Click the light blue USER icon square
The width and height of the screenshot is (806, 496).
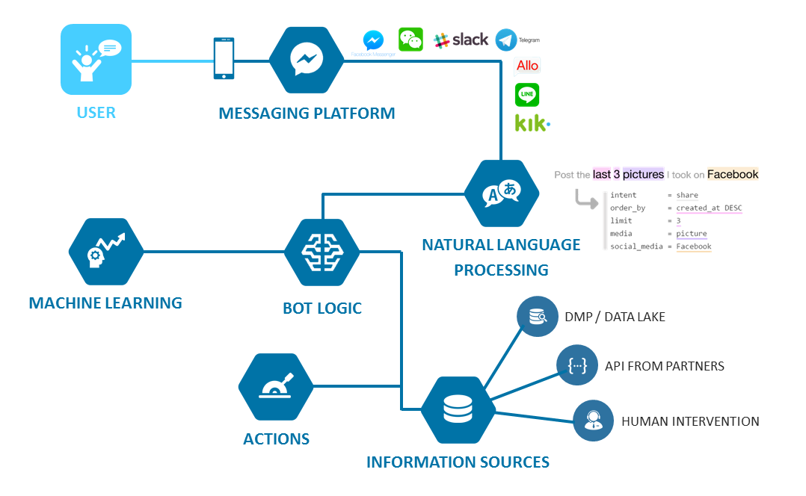pyautogui.click(x=96, y=60)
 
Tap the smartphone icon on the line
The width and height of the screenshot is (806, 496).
pyautogui.click(x=224, y=58)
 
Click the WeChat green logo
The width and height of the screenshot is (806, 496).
pyautogui.click(x=410, y=40)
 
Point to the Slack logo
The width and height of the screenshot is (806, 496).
pyautogui.click(x=461, y=40)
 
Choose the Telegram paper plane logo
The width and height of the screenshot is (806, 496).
pyautogui.click(x=506, y=40)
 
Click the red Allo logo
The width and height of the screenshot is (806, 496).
pyautogui.click(x=527, y=66)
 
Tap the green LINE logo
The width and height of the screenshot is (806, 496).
pyautogui.click(x=527, y=95)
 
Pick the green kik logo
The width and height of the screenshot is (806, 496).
pyautogui.click(x=532, y=123)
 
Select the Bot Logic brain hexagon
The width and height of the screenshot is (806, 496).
pyautogui.click(x=322, y=252)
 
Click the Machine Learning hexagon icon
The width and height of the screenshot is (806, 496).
pyautogui.click(x=105, y=252)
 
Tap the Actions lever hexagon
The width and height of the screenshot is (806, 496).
pyautogui.click(x=276, y=387)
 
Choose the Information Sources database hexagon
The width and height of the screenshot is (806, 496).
pyautogui.click(x=458, y=409)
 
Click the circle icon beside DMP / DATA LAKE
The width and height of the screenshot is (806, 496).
pyautogui.click(x=538, y=317)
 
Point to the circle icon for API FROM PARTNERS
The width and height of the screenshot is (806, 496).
pyautogui.click(x=577, y=365)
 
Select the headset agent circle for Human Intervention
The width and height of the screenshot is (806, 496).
pyautogui.click(x=594, y=421)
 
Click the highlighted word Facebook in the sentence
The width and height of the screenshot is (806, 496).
pyautogui.click(x=732, y=175)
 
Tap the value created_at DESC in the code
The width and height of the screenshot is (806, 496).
pyautogui.click(x=708, y=208)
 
